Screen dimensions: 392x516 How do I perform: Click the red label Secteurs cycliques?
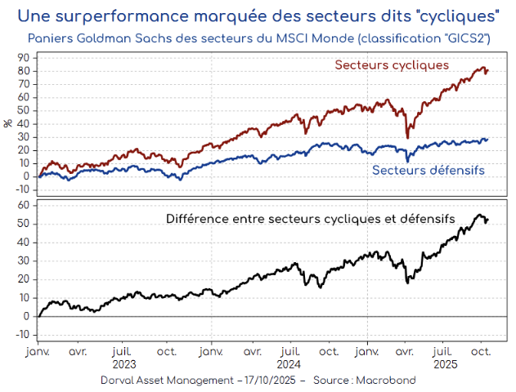(x=392, y=65)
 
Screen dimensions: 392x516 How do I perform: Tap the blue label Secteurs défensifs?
(x=429, y=170)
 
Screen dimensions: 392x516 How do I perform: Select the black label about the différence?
(x=310, y=219)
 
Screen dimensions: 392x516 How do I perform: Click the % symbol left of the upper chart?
(x=8, y=123)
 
